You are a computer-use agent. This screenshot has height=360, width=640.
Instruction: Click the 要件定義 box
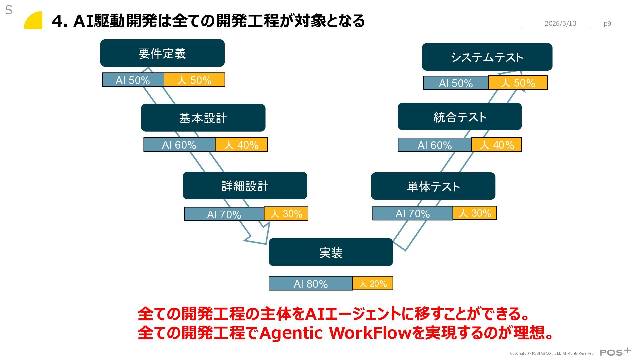pyautogui.click(x=162, y=53)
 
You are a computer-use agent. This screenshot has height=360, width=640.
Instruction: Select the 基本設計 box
pyautogui.click(x=203, y=118)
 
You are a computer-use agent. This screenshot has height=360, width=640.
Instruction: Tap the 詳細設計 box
pyautogui.click(x=245, y=186)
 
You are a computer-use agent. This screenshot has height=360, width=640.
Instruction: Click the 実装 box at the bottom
pyautogui.click(x=331, y=252)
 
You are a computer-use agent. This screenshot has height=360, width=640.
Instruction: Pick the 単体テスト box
pyautogui.click(x=433, y=186)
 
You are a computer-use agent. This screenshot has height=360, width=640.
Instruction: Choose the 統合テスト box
pyautogui.click(x=460, y=117)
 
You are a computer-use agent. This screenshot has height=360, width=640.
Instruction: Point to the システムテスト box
pyautogui.click(x=487, y=57)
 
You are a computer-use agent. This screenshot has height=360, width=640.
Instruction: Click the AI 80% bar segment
pyautogui.click(x=310, y=284)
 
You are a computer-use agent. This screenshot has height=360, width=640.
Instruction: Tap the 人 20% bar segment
pyautogui.click(x=373, y=283)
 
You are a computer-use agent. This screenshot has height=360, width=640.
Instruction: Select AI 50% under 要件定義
pyautogui.click(x=133, y=80)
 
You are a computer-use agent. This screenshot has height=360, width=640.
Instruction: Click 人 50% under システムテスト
pyautogui.click(x=518, y=83)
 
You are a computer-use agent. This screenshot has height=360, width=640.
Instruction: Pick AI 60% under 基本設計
pyautogui.click(x=179, y=145)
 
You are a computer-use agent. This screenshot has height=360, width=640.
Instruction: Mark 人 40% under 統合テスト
pyautogui.click(x=497, y=145)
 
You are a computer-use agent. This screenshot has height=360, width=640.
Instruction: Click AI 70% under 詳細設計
pyautogui.click(x=224, y=214)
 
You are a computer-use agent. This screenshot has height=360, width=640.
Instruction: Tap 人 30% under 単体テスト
pyautogui.click(x=475, y=213)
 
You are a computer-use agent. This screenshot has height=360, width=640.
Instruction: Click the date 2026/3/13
pyautogui.click(x=560, y=23)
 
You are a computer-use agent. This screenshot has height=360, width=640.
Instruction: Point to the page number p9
pyautogui.click(x=607, y=24)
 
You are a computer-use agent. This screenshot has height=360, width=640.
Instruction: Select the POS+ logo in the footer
pyautogui.click(x=615, y=352)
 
